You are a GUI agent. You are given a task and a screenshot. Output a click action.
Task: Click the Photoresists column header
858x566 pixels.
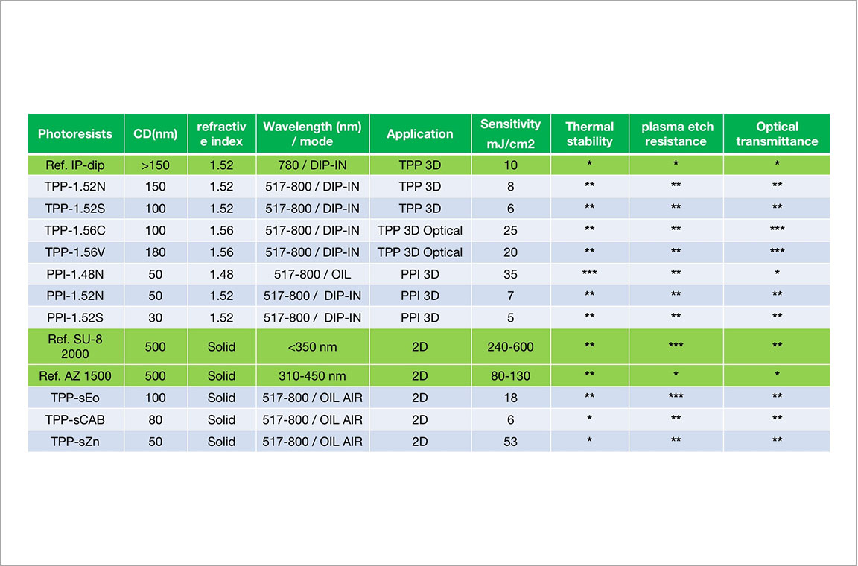75,133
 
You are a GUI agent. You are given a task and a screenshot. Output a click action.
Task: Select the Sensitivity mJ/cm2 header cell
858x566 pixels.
510,134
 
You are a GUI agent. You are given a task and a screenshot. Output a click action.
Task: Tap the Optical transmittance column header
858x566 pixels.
777,134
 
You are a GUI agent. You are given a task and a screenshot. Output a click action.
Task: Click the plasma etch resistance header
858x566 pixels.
677,134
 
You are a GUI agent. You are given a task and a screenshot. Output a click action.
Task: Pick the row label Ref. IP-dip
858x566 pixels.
75,165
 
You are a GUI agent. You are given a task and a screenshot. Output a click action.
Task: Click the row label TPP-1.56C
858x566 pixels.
75,230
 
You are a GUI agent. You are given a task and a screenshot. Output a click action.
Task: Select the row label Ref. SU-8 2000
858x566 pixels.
75,346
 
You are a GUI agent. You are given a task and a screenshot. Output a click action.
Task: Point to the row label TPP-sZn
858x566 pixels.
75,442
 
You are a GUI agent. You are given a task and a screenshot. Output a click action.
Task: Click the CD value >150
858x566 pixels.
156,165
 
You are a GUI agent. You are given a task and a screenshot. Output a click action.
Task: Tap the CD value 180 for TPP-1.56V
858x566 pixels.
156,252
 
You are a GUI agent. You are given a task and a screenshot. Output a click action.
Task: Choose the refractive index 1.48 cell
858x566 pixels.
222,274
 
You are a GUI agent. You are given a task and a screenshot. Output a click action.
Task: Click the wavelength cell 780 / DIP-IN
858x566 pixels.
313,165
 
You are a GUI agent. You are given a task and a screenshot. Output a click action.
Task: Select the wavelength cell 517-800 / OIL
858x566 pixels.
313,274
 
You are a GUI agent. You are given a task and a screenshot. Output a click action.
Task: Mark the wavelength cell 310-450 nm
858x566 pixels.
313,376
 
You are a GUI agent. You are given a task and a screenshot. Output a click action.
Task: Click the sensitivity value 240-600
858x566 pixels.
510,346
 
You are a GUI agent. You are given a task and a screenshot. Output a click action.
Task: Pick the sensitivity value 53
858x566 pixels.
510,442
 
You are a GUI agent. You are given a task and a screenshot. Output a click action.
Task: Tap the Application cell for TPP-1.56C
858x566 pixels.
420,230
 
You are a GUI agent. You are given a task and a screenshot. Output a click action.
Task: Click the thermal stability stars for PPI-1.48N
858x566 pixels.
589,272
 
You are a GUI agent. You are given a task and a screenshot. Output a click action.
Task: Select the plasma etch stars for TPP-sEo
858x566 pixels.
676,395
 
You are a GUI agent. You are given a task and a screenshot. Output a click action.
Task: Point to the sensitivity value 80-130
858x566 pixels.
510,376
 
